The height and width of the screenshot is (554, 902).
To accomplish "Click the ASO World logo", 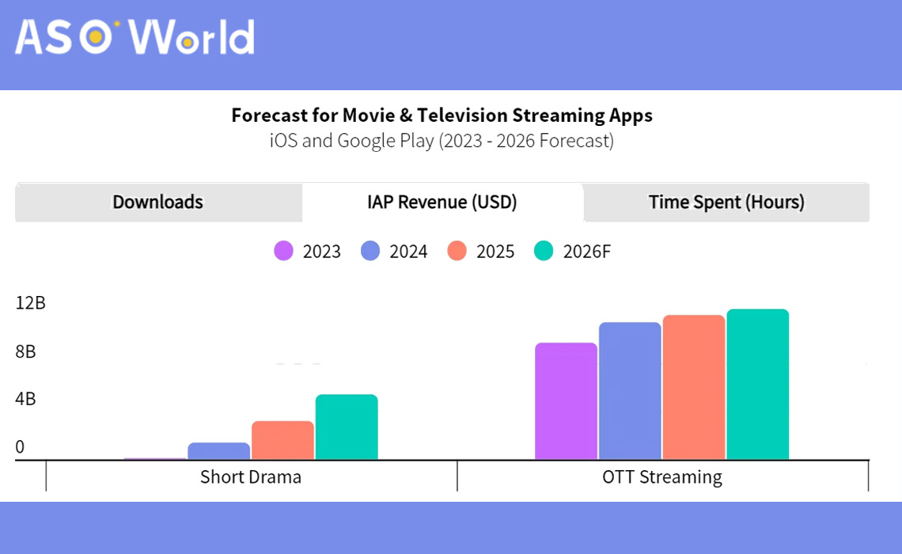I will point(135,36).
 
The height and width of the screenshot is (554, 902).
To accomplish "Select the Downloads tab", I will point(157,203).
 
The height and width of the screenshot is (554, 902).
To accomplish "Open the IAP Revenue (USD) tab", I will point(442,203).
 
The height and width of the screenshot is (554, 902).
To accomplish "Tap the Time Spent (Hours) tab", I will point(726,203).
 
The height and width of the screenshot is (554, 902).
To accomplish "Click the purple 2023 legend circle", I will point(284,252).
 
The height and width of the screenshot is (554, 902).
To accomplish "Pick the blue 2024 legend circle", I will point(371,252).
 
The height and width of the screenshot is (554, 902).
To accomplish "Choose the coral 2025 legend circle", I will point(457,252).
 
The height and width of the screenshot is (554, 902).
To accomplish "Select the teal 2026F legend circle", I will point(544,252).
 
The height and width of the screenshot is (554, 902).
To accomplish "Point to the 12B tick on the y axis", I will point(30,303).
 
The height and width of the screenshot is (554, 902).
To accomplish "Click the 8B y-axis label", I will point(25,351).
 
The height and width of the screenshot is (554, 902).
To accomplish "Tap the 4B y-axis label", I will point(25,399).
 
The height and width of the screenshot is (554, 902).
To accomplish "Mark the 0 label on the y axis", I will point(20,447).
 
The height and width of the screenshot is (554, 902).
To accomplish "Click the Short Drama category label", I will point(251,477).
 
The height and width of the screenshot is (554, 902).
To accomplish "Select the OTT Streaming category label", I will point(662,477).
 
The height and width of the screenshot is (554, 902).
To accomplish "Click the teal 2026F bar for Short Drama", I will point(347,427).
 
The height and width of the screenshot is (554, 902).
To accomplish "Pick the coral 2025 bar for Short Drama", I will point(282,441).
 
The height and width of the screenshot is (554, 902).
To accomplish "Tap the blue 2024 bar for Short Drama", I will point(218,451).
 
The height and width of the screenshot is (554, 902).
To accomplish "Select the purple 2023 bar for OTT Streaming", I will point(566,401).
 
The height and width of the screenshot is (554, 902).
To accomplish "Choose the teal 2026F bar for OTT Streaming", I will point(758,385).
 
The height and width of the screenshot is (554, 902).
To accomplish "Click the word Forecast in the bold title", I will point(270,116).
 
